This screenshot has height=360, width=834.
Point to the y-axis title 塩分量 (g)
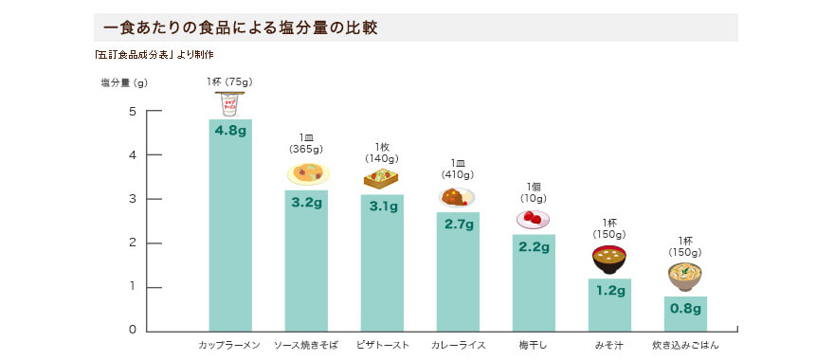click(124, 82)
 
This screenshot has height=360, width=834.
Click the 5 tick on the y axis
click(133, 112)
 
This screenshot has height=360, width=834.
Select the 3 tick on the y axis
click(133, 199)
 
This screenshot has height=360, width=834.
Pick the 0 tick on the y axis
click(133, 330)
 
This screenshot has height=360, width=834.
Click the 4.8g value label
click(230, 131)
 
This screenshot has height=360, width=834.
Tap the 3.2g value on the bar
click(306, 202)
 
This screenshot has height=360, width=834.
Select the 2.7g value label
click(458, 225)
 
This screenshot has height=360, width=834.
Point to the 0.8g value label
click(685, 308)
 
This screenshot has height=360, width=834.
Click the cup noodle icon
click(230, 104)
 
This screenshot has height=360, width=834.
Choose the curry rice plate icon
click(457, 197)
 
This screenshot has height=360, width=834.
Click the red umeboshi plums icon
click(533, 219)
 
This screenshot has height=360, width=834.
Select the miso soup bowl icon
click(608, 260)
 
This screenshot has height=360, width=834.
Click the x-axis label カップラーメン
click(229, 345)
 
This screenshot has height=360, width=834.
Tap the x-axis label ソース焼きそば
click(305, 345)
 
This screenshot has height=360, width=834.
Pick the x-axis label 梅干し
click(533, 345)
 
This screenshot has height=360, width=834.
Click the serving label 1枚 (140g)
click(382, 153)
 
